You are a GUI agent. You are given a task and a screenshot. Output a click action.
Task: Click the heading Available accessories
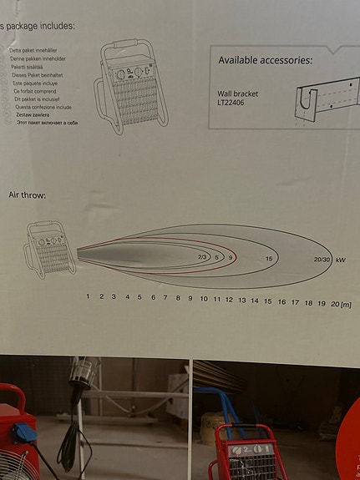click(x=266, y=60)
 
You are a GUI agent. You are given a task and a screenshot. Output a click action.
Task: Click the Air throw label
click(x=28, y=195)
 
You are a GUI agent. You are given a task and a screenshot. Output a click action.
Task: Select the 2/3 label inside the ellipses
click(x=202, y=257)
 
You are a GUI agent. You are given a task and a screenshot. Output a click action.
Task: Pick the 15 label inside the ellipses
click(x=268, y=260)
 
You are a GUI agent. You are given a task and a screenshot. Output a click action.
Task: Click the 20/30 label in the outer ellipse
click(x=322, y=260)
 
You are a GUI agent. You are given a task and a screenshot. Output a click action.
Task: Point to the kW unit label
click(x=341, y=260)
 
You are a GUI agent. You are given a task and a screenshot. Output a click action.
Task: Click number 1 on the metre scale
click(x=88, y=296)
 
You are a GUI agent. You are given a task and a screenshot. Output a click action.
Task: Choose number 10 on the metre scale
click(x=204, y=298)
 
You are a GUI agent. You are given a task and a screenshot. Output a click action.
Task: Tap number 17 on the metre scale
click(x=295, y=301)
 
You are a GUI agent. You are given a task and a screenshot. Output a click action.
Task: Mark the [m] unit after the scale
click(x=345, y=304)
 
